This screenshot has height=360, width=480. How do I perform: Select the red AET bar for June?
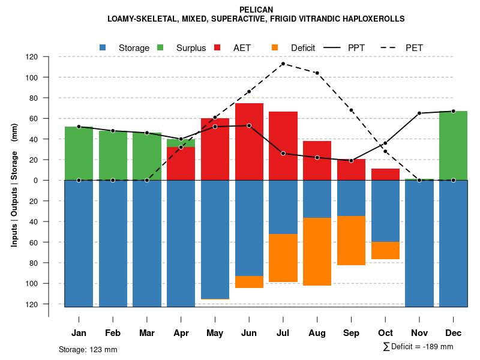249,142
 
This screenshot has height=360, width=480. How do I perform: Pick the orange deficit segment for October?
385,251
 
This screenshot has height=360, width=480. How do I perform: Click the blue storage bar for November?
419,243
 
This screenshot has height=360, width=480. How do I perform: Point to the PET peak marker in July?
283,64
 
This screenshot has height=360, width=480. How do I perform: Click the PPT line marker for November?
419,113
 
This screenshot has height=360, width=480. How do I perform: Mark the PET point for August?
317,73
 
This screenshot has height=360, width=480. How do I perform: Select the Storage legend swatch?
103,47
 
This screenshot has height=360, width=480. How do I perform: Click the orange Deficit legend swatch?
275,47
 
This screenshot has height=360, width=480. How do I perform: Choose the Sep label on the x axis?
351,333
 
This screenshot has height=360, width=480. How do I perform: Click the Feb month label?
113,333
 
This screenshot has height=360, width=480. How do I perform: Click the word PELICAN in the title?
256,10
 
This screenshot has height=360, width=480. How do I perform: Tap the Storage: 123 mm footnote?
88,349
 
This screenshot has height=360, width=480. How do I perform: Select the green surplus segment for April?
181,143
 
